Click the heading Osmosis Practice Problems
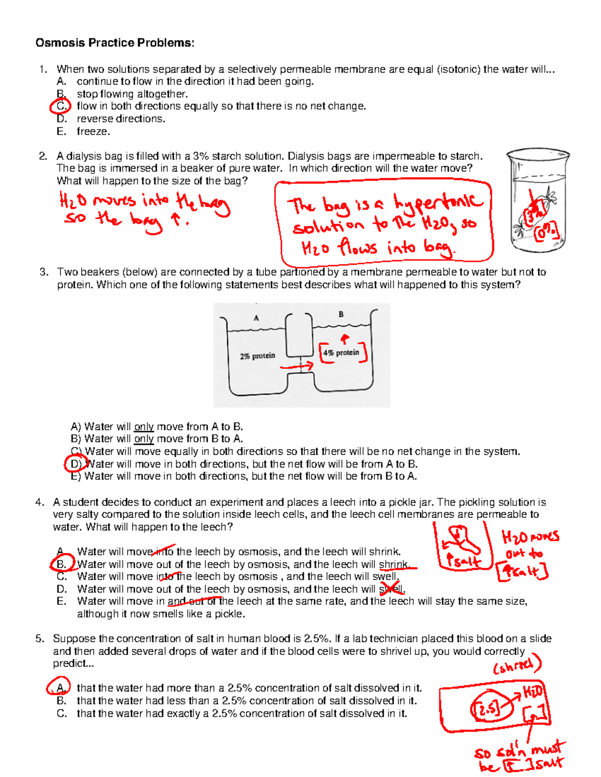pyautogui.click(x=115, y=43)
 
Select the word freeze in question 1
pyautogui.click(x=93, y=132)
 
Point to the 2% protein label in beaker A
pyautogui.click(x=257, y=356)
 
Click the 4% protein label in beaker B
pyautogui.click(x=341, y=353)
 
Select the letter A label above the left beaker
pyautogui.click(x=256, y=318)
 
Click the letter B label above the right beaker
pyautogui.click(x=341, y=314)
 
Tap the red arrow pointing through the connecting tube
pyautogui.click(x=296, y=367)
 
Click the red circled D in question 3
pyautogui.click(x=75, y=464)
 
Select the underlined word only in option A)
pyautogui.click(x=144, y=427)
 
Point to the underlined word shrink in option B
pyautogui.click(x=394, y=564)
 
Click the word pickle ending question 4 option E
pyautogui.click(x=229, y=614)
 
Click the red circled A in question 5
pyautogui.click(x=59, y=688)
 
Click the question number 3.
pyautogui.click(x=44, y=272)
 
